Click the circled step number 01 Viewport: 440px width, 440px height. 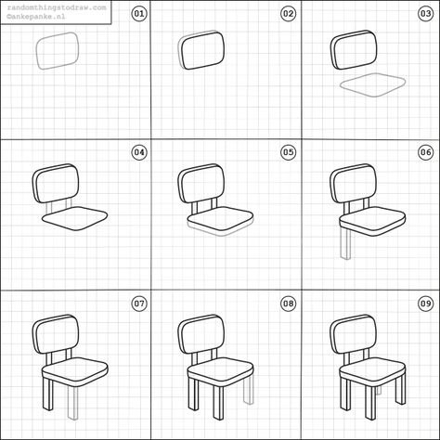click(x=139, y=14)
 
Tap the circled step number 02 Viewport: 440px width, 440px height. click(x=288, y=14)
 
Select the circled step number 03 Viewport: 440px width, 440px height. click(x=425, y=14)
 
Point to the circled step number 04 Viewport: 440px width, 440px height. click(x=139, y=152)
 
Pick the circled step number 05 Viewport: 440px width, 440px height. click(x=288, y=152)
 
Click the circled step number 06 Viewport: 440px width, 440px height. click(x=425, y=152)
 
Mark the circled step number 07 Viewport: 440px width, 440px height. click(x=139, y=304)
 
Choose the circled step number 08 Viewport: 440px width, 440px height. click(x=288, y=304)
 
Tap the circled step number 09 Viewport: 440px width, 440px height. click(x=425, y=304)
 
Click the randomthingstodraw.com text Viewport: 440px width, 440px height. click(x=57, y=7)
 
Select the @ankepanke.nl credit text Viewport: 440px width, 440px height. click(x=36, y=16)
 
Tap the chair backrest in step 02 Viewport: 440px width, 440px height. click(x=201, y=49)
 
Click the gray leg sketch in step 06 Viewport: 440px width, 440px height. click(x=345, y=244)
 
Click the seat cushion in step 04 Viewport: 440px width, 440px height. click(x=75, y=218)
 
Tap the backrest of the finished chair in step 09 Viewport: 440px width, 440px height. click(x=354, y=335)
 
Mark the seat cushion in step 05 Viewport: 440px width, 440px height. click(x=220, y=219)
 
